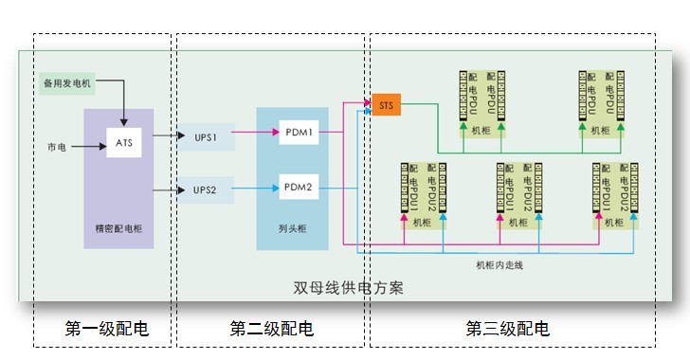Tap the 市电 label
[57, 147]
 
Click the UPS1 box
[206, 137]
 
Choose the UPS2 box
[206, 190]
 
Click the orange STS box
[387, 105]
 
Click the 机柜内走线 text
[499, 265]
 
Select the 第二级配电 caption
[271, 329]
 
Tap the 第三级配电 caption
[507, 329]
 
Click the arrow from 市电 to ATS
[90, 147]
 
